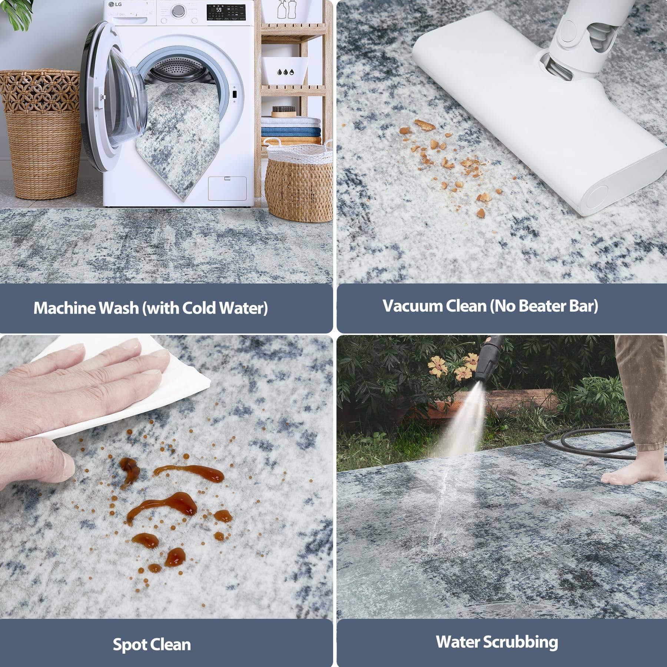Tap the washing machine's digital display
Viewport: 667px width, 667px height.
(x=226, y=13)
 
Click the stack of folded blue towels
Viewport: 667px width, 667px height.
(x=291, y=132)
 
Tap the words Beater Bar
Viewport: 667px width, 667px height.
(x=558, y=306)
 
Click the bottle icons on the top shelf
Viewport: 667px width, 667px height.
(x=286, y=9)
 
